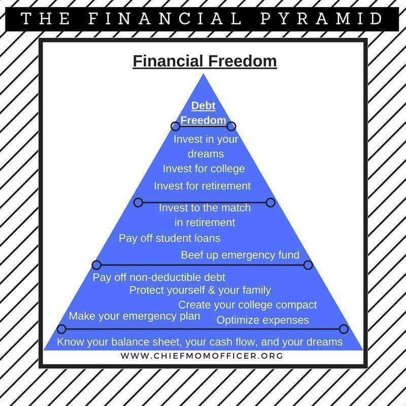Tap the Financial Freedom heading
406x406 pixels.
point(205,61)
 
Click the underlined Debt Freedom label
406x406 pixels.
point(204,113)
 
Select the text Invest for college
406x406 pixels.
point(204,169)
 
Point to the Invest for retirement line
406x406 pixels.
point(202,186)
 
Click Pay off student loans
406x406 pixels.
point(170,239)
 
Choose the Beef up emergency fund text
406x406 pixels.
point(240,255)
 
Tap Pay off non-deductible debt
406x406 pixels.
point(159,278)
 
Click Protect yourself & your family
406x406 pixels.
point(200,290)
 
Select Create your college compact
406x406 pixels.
point(247,305)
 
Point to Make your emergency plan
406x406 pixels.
point(134,316)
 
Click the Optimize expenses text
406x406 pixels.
point(262,320)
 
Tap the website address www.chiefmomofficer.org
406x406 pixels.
point(201,356)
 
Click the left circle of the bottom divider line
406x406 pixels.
point(61,329)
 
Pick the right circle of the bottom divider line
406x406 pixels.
point(344,329)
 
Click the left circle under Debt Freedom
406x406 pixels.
point(175,126)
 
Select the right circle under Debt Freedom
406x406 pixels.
point(231,126)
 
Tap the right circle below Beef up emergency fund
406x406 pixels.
point(308,265)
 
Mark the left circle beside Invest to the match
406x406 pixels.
point(138,202)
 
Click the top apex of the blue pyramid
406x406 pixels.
point(204,74)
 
